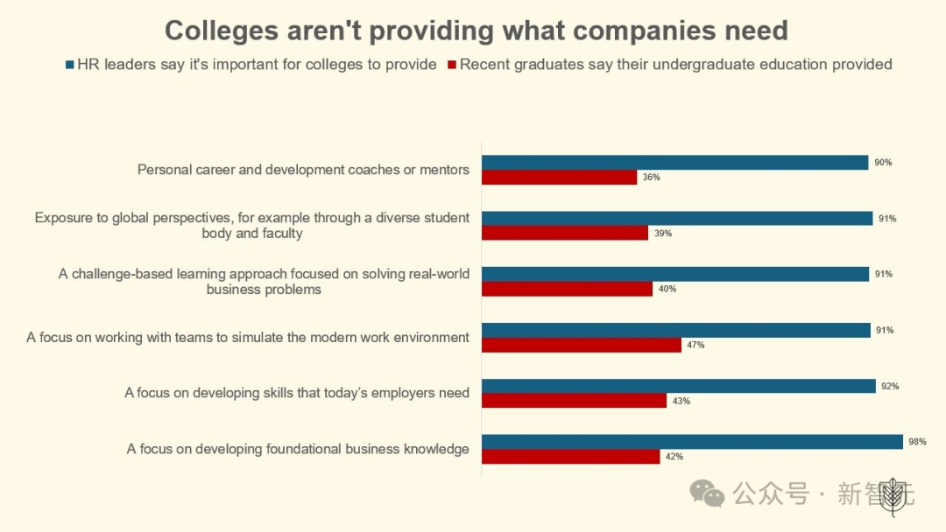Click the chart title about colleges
click(x=476, y=31)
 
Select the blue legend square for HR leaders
click(x=70, y=65)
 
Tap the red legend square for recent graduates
click(x=452, y=65)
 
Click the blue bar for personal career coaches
click(x=674, y=162)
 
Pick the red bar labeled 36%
click(x=559, y=177)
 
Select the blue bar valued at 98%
click(x=692, y=442)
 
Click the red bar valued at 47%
click(x=582, y=345)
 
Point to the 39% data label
click(x=663, y=234)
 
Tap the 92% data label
click(x=890, y=386)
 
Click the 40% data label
click(x=667, y=289)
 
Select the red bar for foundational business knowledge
click(x=570, y=456)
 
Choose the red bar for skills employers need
click(x=574, y=401)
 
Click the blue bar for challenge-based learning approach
click(x=674, y=274)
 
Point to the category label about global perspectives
click(x=252, y=225)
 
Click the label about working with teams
click(x=248, y=337)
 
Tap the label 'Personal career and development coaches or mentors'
click(x=303, y=169)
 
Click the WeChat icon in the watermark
click(x=707, y=493)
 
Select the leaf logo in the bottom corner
click(x=893, y=495)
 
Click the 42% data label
click(x=674, y=457)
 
